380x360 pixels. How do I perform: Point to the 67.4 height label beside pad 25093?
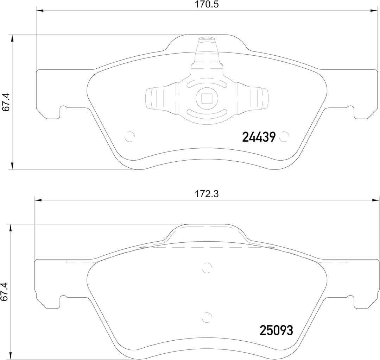(x=5, y=291)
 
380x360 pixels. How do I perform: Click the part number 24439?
(x=259, y=137)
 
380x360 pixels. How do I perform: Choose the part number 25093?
(x=276, y=330)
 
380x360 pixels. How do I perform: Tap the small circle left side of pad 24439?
(x=130, y=136)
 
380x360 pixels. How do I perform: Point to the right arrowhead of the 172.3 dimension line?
(x=376, y=200)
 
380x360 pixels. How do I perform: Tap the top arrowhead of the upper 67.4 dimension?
(x=13, y=38)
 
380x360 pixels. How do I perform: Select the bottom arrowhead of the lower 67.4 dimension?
(x=13, y=356)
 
